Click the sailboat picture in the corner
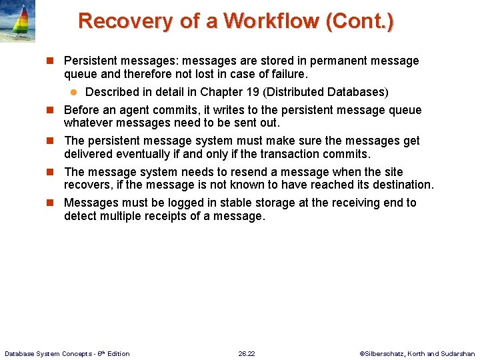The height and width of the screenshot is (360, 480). tap(17, 21)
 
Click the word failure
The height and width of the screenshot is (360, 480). tap(287, 73)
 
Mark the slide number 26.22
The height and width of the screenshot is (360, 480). tap(247, 353)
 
